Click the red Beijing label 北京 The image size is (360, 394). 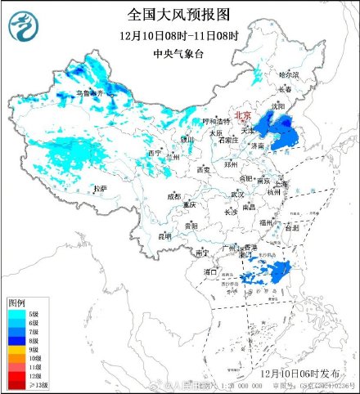coord(243,116)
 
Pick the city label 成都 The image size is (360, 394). coord(174,196)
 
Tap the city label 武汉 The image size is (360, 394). coord(237,195)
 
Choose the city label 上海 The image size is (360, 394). coord(281,185)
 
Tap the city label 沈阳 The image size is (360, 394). coord(280,105)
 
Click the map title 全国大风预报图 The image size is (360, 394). coord(178,15)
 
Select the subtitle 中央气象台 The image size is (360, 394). coord(178,54)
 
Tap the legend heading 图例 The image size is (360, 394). coord(17,302)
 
